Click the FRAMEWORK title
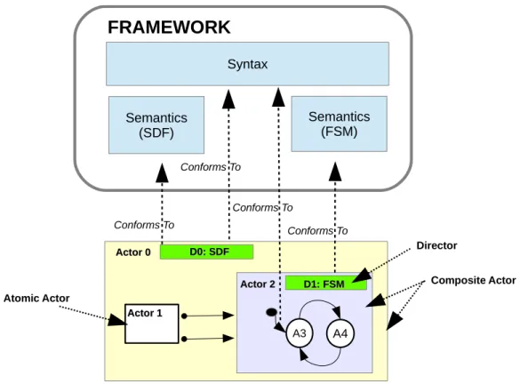(x=169, y=28)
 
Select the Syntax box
(x=247, y=64)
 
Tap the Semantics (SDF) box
(x=156, y=125)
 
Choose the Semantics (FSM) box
(x=339, y=124)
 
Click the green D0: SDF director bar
(x=206, y=252)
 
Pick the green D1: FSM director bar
(x=326, y=284)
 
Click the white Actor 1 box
(x=152, y=324)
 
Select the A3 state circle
(x=300, y=333)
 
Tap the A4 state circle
(x=340, y=333)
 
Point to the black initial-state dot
(x=271, y=312)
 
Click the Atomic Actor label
(x=36, y=298)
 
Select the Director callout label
(x=436, y=245)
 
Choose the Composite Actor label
(x=473, y=280)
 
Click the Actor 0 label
(x=133, y=252)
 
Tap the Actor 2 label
(x=258, y=284)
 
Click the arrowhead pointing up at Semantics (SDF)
(x=162, y=172)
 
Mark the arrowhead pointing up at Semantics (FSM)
(x=335, y=172)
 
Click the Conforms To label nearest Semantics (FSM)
(x=317, y=230)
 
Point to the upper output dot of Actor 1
(x=184, y=316)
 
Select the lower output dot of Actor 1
(x=184, y=339)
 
